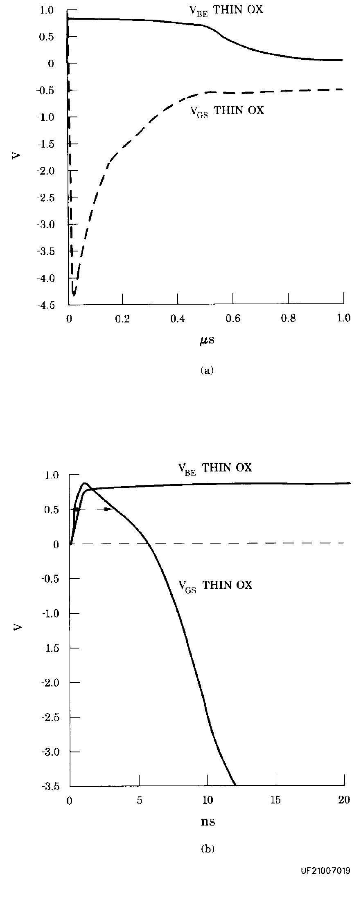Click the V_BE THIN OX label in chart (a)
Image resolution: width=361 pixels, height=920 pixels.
click(x=226, y=10)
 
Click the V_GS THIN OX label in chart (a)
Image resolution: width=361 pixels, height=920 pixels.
click(x=227, y=110)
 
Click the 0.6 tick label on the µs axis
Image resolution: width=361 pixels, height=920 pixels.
click(x=233, y=319)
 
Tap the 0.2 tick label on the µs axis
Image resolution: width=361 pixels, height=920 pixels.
click(x=122, y=319)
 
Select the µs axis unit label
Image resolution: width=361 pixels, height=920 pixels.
click(x=207, y=340)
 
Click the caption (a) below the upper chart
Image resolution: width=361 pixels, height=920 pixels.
click(x=207, y=370)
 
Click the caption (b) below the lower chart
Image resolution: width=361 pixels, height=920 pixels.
click(x=208, y=849)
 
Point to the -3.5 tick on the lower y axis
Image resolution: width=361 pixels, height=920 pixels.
click(x=51, y=786)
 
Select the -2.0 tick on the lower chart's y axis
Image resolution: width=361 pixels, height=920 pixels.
click(x=51, y=682)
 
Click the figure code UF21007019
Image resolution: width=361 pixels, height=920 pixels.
click(x=325, y=871)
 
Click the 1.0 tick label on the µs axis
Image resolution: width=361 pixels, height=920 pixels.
click(x=343, y=319)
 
